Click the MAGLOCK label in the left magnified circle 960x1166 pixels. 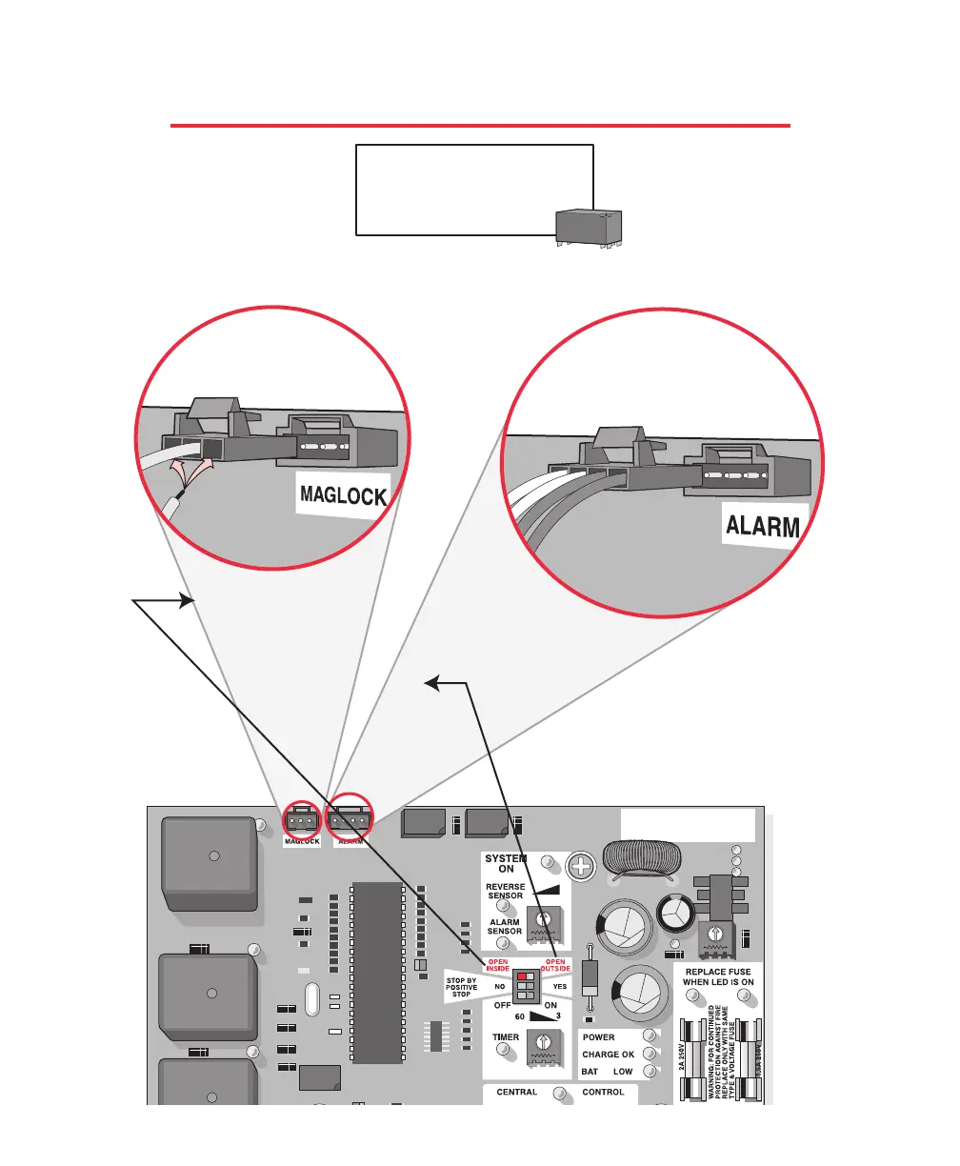click(x=344, y=496)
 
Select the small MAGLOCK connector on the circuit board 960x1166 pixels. click(x=301, y=821)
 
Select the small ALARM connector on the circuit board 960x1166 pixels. click(x=350, y=821)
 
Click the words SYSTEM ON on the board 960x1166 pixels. click(x=506, y=863)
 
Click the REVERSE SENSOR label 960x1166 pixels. click(x=505, y=892)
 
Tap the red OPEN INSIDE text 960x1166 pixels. click(x=499, y=965)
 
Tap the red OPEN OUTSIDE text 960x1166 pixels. click(x=556, y=965)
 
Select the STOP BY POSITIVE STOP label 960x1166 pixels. click(x=462, y=987)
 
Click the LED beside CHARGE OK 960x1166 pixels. click(x=650, y=1054)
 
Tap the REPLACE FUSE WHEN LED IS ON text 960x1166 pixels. click(x=718, y=976)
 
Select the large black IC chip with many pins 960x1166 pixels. click(x=377, y=972)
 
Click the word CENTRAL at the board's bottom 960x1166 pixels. click(x=517, y=1093)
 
